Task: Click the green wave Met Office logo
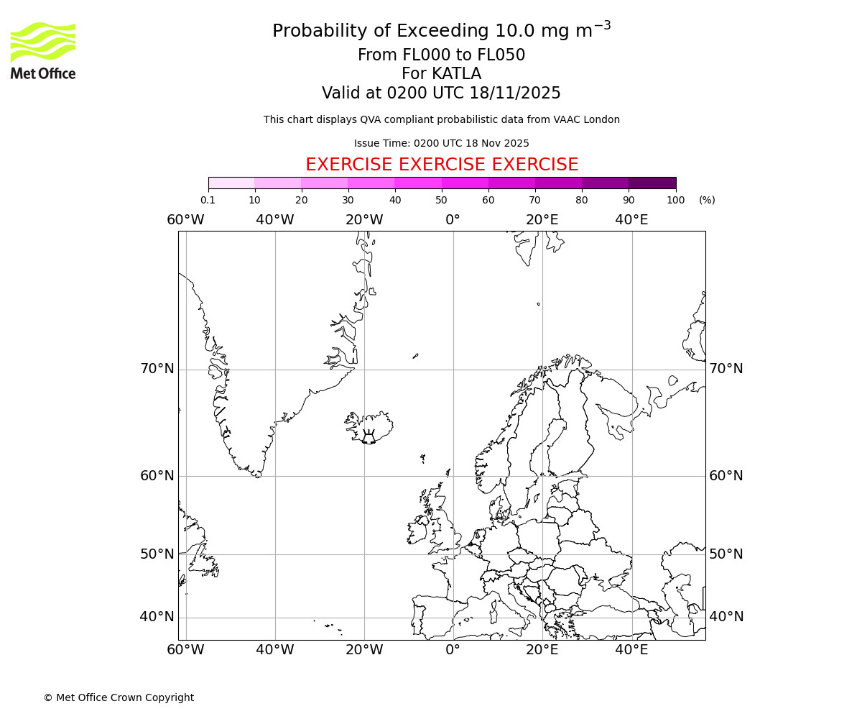(43, 42)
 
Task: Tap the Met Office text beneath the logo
(43, 73)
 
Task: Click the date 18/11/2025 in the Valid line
(515, 93)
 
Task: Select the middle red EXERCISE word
(441, 165)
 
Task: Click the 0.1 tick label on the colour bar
(208, 200)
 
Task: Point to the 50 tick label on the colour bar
(441, 200)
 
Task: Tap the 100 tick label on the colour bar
(675, 200)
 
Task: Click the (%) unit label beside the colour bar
(707, 200)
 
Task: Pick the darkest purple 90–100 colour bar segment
(652, 183)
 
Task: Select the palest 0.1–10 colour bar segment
(231, 183)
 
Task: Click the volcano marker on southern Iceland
(369, 437)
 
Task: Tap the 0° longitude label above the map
(453, 220)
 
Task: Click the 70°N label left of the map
(157, 369)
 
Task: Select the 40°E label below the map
(631, 650)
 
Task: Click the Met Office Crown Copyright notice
(119, 697)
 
